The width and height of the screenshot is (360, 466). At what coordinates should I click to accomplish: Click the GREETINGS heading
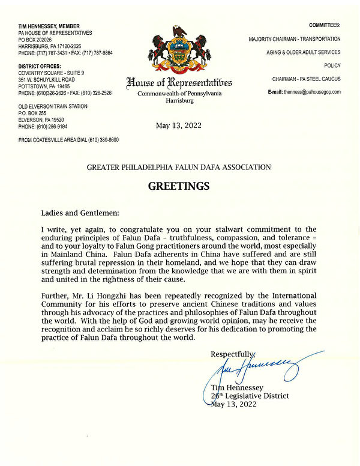click(x=179, y=186)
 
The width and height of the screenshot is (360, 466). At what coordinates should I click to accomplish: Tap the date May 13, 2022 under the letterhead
click(x=179, y=126)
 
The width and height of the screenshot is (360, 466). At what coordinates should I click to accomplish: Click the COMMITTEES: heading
click(x=325, y=26)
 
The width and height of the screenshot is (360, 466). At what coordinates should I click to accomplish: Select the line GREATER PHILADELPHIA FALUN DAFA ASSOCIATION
click(x=179, y=166)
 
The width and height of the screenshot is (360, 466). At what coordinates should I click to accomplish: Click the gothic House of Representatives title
click(x=179, y=82)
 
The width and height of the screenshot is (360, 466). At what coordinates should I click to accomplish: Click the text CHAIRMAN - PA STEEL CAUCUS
click(x=306, y=79)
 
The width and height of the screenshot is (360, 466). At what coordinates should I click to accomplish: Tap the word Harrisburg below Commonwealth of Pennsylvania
click(x=179, y=101)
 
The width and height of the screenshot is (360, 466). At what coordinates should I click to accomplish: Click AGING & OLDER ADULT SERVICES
click(x=304, y=52)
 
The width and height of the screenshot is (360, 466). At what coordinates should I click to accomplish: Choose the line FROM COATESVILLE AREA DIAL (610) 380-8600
click(x=68, y=140)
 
